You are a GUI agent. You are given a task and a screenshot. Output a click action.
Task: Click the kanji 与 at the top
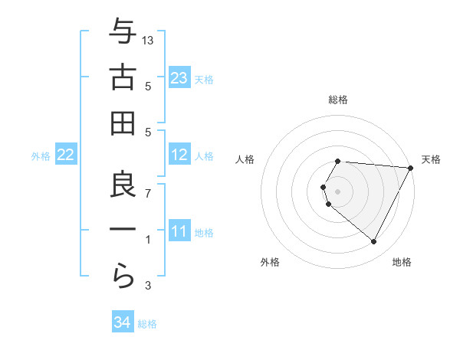(122, 31)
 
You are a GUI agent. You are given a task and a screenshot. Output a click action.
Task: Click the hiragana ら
(122, 275)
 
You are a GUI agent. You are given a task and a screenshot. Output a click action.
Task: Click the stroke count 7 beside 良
(149, 192)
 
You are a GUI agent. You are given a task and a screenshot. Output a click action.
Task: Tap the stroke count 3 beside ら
(149, 286)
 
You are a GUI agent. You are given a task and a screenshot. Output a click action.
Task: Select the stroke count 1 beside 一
(149, 240)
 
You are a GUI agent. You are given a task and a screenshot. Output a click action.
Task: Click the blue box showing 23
(179, 78)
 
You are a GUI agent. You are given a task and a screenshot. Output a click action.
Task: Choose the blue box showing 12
(179, 155)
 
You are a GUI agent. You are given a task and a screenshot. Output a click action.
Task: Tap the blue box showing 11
(179, 231)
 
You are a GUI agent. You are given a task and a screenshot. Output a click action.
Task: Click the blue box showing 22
(66, 155)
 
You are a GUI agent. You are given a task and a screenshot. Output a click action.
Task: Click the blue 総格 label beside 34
(147, 324)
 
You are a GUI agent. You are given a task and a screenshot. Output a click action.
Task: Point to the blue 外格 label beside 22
(41, 156)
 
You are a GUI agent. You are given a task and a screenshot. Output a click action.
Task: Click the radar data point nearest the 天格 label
(411, 168)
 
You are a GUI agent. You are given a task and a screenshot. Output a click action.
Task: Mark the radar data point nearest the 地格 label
(374, 242)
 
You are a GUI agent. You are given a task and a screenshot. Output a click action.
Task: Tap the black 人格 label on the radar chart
(245, 159)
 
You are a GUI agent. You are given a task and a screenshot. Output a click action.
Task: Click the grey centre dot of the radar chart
(337, 191)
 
